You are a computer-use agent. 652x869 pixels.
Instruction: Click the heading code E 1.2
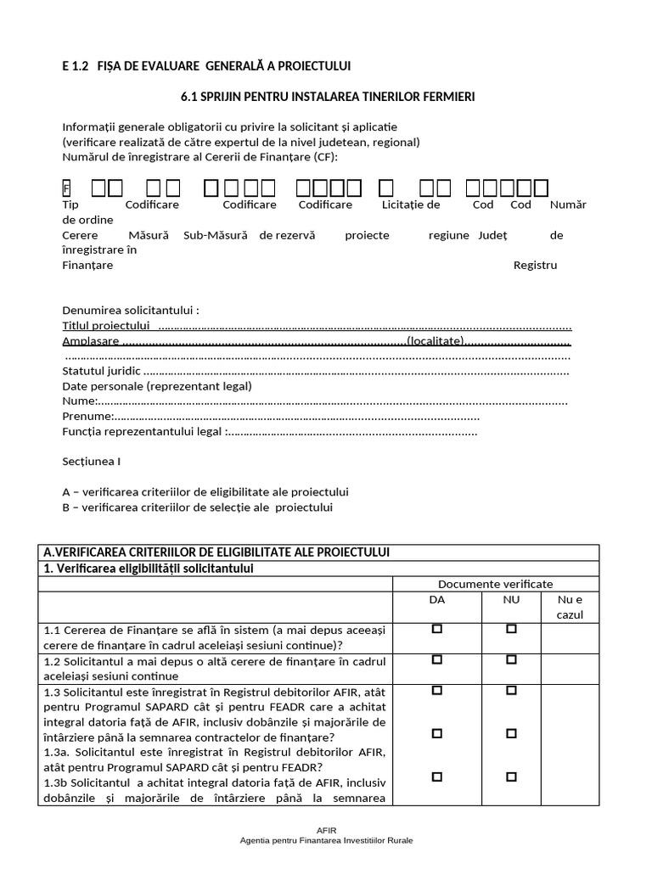click(75, 66)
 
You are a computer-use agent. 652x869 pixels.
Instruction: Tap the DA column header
click(437, 599)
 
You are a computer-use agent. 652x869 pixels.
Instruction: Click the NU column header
click(511, 599)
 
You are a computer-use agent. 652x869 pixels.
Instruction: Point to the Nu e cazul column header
click(570, 607)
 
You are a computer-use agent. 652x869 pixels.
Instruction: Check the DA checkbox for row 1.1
click(437, 629)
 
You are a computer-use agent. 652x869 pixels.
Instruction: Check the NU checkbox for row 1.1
click(511, 629)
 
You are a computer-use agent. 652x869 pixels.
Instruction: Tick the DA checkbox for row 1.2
click(437, 659)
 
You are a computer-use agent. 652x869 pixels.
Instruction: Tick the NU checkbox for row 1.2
click(511, 659)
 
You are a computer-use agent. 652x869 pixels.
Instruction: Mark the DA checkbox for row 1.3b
click(437, 776)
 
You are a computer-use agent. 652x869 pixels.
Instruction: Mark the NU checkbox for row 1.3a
click(511, 733)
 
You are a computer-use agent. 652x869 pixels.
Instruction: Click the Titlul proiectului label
click(106, 326)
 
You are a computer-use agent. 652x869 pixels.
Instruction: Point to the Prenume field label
click(87, 417)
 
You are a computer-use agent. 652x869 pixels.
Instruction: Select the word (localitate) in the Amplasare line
click(436, 341)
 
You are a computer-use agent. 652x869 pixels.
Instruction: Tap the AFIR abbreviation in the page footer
click(327, 832)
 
